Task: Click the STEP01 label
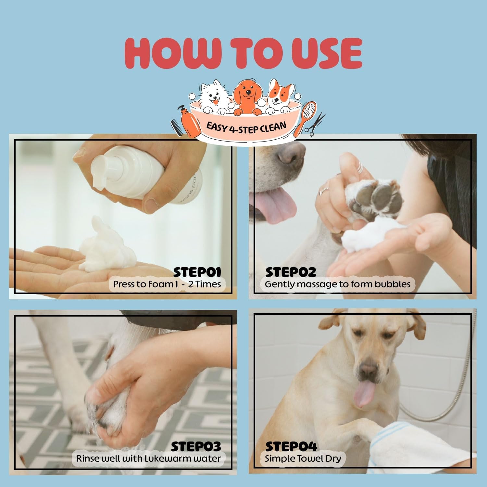point(197,272)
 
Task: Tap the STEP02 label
point(291,272)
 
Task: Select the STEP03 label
point(196,446)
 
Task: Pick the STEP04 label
point(291,446)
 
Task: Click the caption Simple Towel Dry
point(303,458)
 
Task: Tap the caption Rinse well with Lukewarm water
point(148,458)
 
